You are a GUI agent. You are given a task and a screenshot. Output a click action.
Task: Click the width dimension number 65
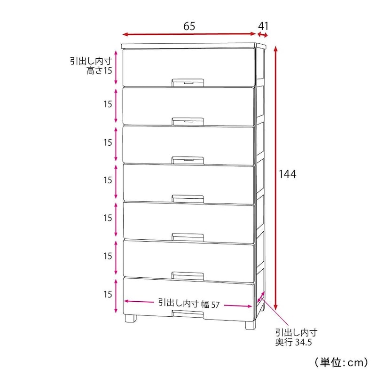click(189, 26)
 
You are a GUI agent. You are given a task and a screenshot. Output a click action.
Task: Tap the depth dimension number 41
click(263, 26)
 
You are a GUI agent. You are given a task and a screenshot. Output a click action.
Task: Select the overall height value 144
click(287, 174)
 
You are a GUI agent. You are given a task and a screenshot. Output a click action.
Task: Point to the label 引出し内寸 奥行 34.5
click(297, 337)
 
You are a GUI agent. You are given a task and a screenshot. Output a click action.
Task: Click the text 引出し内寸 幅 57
click(189, 303)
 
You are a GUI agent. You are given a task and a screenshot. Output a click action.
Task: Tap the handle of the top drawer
click(188, 82)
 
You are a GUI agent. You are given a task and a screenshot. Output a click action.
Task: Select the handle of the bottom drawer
click(188, 313)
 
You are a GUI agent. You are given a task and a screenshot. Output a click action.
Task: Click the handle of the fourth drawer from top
click(188, 199)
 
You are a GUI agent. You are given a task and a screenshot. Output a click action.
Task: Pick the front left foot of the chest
click(131, 318)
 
